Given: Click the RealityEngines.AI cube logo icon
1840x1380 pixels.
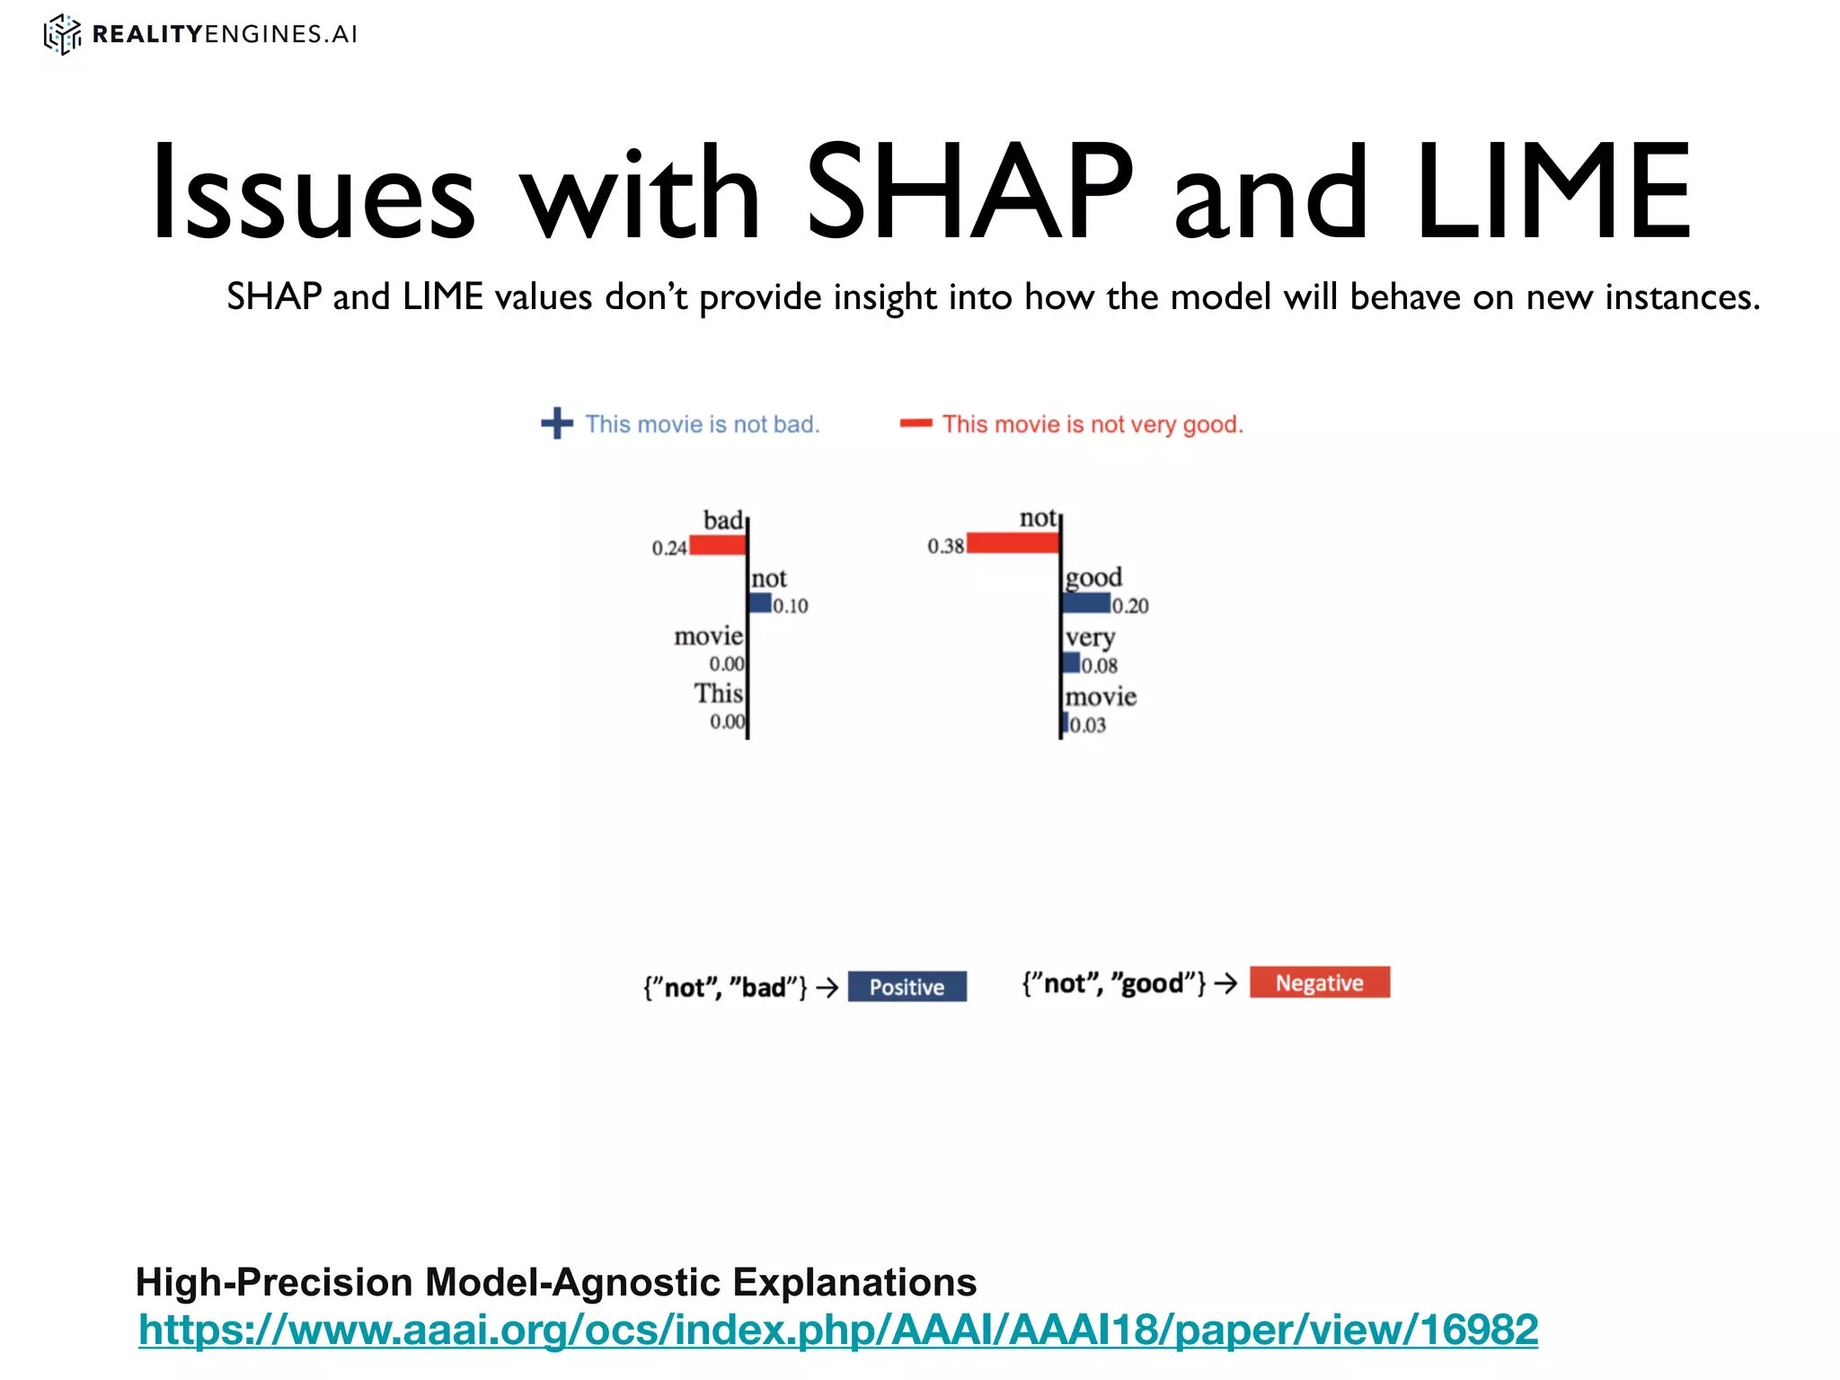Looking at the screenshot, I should pyautogui.click(x=62, y=34).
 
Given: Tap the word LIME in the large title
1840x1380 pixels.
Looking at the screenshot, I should pyautogui.click(x=1552, y=192).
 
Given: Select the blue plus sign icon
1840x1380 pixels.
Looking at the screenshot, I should pyautogui.click(x=557, y=423).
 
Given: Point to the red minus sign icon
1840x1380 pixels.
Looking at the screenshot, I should pyautogui.click(x=916, y=423).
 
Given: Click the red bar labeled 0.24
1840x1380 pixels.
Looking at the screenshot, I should pyautogui.click(x=717, y=544).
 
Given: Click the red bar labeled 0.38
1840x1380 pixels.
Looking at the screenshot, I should pyautogui.click(x=1013, y=543).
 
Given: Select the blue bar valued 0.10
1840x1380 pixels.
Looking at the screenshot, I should pyautogui.click(x=761, y=603).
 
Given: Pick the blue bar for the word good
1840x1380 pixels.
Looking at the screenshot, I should pyautogui.click(x=1086, y=603).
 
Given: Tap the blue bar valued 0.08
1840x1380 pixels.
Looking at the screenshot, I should pyautogui.click(x=1072, y=663).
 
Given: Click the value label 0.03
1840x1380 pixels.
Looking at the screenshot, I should pyautogui.click(x=1088, y=725).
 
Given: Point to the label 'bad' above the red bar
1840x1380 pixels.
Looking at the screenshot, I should pyautogui.click(x=722, y=520).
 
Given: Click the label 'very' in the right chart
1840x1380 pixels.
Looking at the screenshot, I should pyautogui.click(x=1090, y=637).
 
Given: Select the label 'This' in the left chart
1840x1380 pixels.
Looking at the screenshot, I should pyautogui.click(x=718, y=694).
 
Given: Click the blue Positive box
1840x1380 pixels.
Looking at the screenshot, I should pyautogui.click(x=907, y=986).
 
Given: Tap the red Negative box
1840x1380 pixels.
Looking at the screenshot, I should pyautogui.click(x=1319, y=982).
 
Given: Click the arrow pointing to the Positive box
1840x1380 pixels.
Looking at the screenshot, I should pyautogui.click(x=827, y=987).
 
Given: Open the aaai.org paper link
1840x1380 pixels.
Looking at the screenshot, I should pyautogui.click(x=837, y=1330).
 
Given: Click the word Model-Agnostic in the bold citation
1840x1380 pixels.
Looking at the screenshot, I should pyautogui.click(x=572, y=1282).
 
